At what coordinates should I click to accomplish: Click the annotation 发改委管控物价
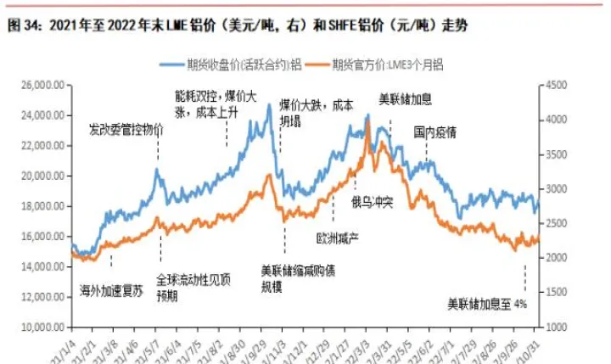coord(126,130)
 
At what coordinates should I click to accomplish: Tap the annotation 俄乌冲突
coord(373,201)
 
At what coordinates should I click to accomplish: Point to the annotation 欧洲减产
coord(337,238)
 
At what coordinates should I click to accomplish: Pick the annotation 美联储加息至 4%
coord(487,303)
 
